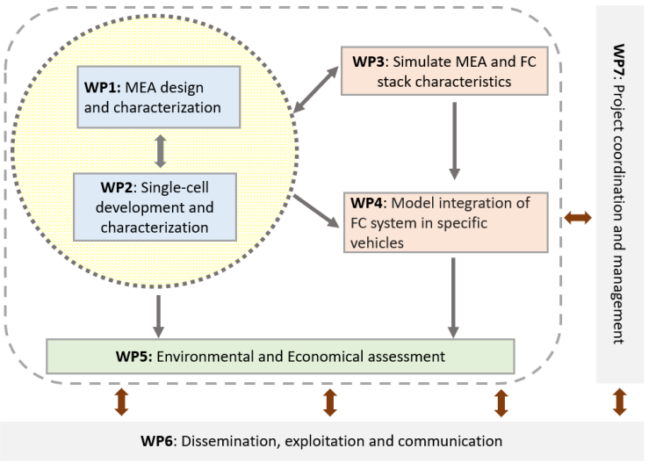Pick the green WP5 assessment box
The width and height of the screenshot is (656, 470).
[279, 357]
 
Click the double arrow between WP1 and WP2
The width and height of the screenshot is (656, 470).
[159, 150]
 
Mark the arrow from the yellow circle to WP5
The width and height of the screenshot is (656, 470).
[159, 314]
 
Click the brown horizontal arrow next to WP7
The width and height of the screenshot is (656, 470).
[578, 216]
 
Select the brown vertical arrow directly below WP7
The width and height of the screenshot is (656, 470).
[619, 401]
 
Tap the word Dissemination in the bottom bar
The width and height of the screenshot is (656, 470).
[234, 441]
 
